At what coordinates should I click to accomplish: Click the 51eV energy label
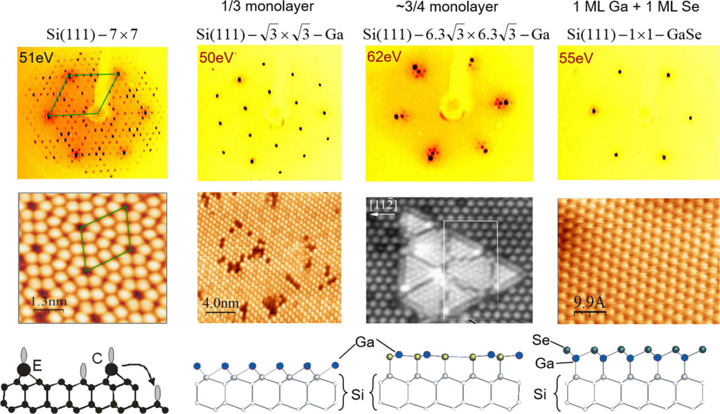36,58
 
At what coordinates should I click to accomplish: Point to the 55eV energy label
576,58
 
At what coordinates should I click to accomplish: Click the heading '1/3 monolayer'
268,6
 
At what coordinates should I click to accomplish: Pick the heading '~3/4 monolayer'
447,7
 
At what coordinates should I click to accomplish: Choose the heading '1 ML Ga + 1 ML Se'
636,7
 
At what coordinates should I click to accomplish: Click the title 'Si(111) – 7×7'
92,35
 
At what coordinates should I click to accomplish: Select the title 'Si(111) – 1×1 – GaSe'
634,35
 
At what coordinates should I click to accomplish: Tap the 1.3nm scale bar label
49,302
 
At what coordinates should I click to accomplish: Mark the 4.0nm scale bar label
221,303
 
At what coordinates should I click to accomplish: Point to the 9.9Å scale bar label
589,302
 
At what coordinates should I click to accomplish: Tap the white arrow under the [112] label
382,215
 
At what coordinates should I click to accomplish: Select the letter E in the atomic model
37,366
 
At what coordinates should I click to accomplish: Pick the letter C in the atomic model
97,359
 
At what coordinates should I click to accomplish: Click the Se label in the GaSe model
541,340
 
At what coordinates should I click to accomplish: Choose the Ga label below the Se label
544,363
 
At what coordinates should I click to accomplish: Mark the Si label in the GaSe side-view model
540,394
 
